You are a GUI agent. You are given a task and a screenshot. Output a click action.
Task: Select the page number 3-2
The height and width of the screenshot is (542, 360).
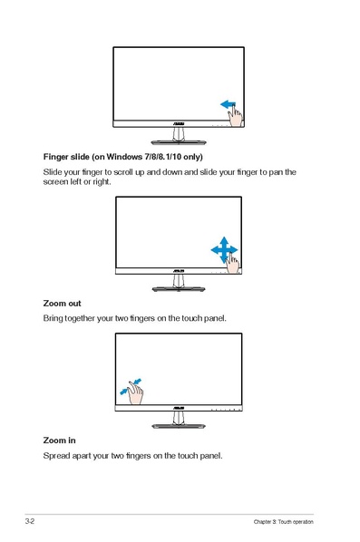[30, 521]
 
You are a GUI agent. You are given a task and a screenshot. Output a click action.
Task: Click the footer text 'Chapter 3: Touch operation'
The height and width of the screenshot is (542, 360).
[283, 522]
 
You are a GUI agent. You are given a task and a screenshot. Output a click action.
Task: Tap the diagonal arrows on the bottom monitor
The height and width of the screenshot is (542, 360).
[131, 385]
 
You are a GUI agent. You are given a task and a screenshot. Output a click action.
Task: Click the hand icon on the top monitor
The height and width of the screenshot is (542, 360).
[235, 115]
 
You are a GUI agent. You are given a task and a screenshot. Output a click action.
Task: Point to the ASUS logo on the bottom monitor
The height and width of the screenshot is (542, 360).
[179, 411]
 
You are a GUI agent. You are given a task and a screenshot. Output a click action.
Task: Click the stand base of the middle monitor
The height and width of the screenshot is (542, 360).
[179, 288]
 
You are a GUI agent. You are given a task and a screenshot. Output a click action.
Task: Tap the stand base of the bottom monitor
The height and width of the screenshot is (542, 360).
[179, 425]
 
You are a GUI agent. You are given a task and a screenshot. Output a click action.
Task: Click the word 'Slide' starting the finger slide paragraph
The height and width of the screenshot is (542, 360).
[54, 172]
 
